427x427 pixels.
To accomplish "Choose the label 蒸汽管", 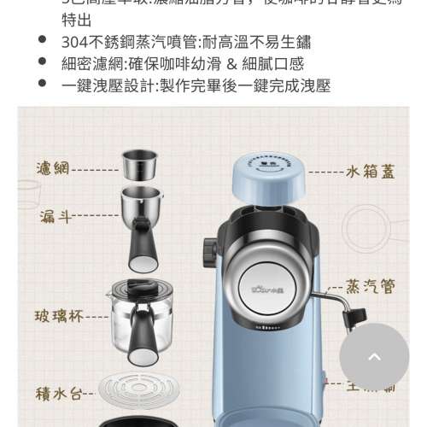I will pos(371,285).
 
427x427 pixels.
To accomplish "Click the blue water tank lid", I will pos(268,175).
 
